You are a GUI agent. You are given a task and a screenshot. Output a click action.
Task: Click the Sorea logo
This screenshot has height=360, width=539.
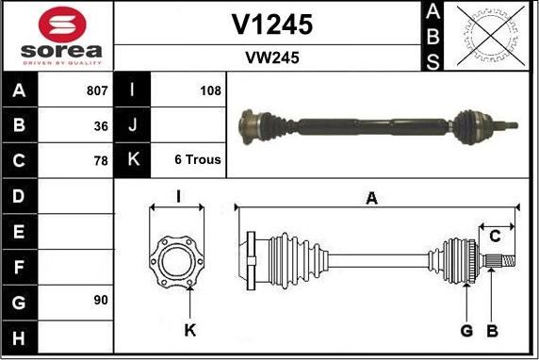[x=59, y=37]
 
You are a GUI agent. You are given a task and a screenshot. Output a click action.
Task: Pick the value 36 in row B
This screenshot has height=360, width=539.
[x=101, y=125]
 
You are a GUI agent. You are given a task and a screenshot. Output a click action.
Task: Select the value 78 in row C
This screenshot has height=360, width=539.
[x=101, y=159]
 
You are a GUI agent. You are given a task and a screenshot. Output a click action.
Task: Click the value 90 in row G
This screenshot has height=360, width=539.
[x=101, y=301]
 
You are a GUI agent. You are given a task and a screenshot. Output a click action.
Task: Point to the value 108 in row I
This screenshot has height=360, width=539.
[x=210, y=91]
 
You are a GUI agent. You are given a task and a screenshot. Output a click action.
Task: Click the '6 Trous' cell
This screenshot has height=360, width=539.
[x=198, y=159]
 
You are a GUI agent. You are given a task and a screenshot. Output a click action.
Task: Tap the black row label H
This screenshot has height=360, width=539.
[x=19, y=336]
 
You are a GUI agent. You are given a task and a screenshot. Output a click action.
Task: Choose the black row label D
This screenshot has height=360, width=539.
[x=19, y=196]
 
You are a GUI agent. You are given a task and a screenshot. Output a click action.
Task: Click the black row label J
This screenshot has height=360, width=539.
[x=132, y=125]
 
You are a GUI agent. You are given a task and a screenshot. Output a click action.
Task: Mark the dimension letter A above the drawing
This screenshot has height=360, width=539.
[x=371, y=198]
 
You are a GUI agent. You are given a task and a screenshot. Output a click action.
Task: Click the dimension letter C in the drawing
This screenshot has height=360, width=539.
[x=494, y=236]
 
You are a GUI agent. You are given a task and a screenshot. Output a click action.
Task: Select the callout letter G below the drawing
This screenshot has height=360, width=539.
[x=465, y=330]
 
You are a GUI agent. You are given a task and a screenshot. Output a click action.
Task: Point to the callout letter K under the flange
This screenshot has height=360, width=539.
[x=189, y=330]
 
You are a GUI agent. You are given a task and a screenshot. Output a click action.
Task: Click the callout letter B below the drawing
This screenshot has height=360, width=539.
[x=492, y=330]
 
